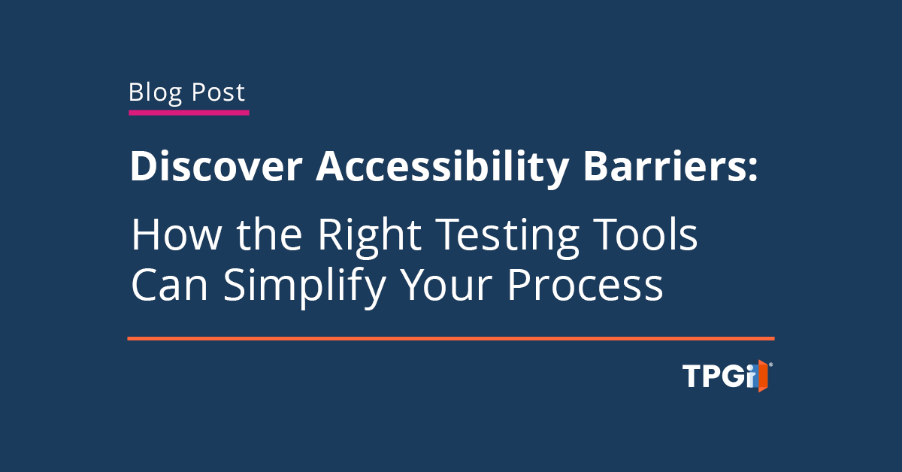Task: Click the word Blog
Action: [155, 93]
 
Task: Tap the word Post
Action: [218, 92]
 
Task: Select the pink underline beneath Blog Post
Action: [189, 113]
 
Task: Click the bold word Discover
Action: [216, 166]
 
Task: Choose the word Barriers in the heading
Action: [666, 166]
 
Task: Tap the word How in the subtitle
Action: [177, 234]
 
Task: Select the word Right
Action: [370, 237]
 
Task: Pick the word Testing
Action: [507, 238]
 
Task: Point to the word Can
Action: [170, 285]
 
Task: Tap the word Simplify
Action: [304, 288]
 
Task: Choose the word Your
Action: [447, 285]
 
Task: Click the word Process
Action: [585, 285]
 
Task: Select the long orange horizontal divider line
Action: [451, 339]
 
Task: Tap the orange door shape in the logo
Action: [763, 376]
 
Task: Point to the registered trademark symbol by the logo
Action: [770, 365]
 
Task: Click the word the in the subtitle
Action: [269, 234]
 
